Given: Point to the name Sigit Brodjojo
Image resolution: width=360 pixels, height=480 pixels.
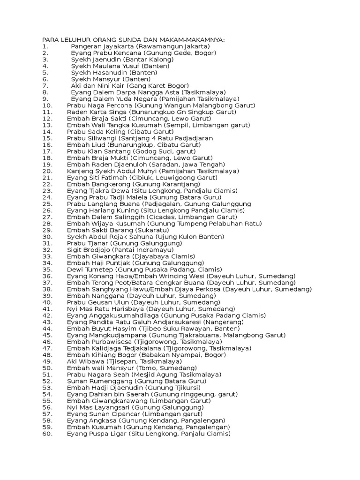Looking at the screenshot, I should [x=87, y=250].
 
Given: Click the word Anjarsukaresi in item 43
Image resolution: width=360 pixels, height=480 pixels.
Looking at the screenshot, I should [x=178, y=322].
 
